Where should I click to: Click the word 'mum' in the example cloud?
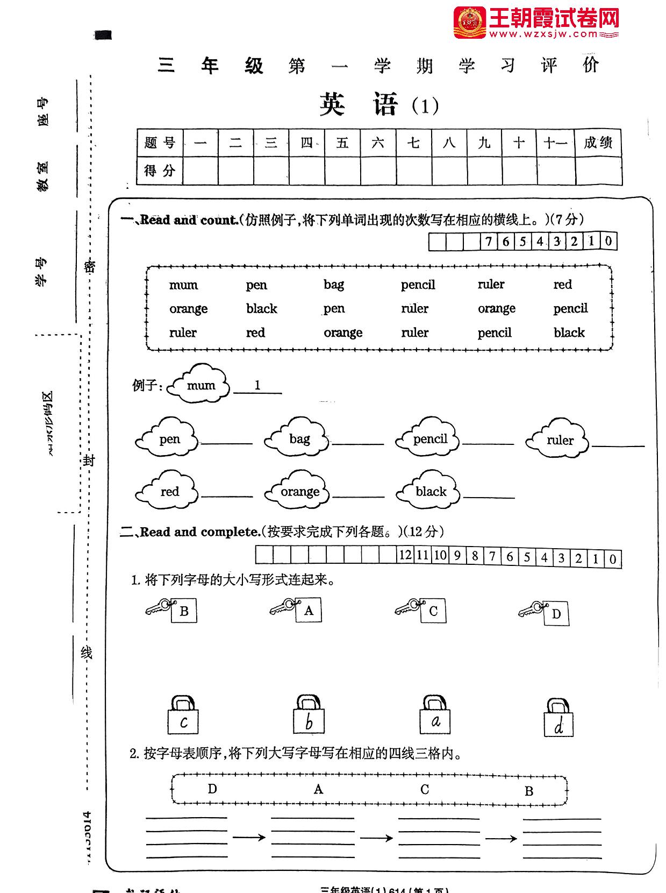click(200, 385)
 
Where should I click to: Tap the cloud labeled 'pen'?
click(168, 439)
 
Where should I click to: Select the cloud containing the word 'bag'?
click(297, 439)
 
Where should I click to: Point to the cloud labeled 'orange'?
click(298, 491)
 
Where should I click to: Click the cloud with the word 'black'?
click(429, 491)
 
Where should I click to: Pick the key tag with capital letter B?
click(183, 611)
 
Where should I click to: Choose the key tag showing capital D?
click(556, 614)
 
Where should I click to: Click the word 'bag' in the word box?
click(333, 285)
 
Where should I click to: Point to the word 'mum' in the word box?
click(183, 285)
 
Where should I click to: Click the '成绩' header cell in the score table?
click(598, 143)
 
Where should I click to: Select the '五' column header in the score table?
click(342, 143)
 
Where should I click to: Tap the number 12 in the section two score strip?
click(405, 555)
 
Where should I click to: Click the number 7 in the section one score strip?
click(488, 242)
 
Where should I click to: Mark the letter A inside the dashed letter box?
click(318, 789)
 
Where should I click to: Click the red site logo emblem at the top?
click(469, 23)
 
